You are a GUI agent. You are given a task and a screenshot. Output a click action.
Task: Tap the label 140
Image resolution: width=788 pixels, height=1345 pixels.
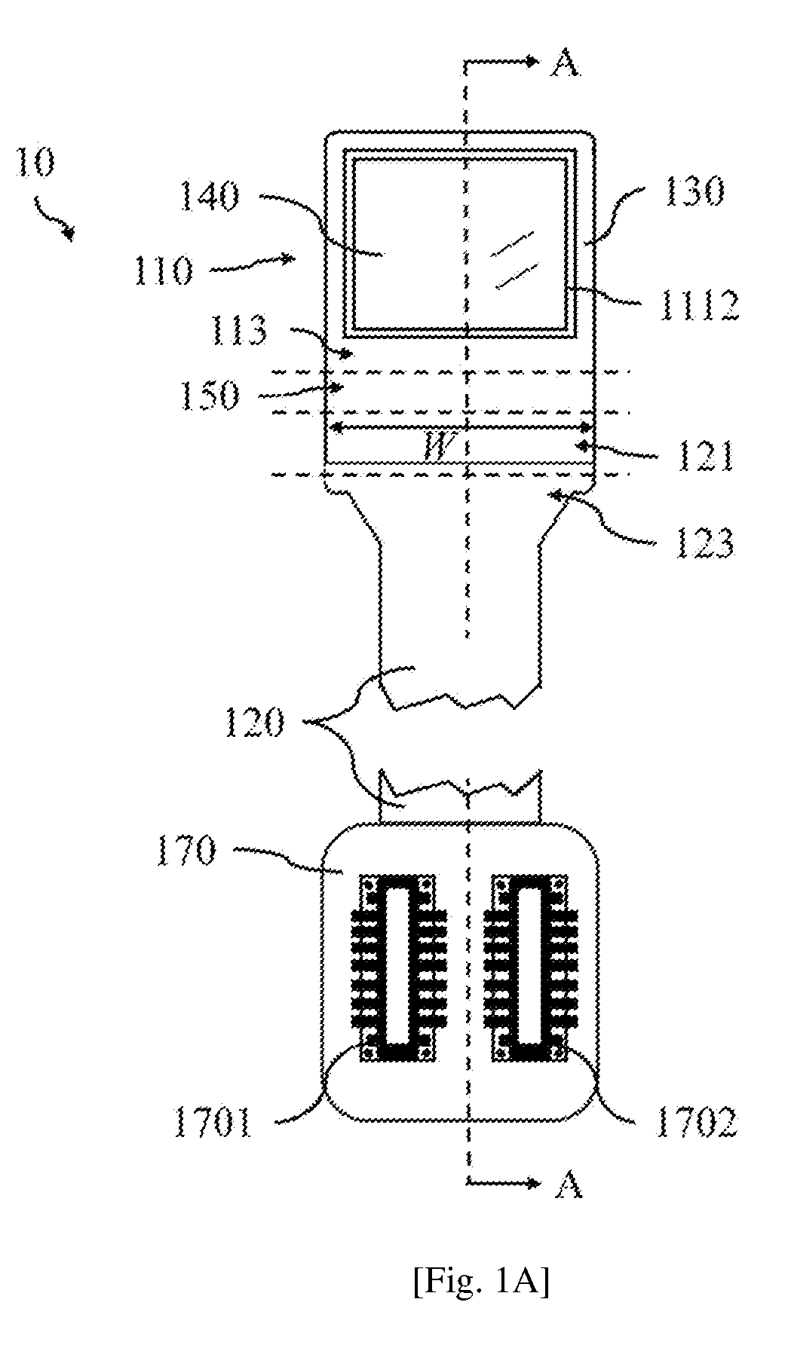point(210,197)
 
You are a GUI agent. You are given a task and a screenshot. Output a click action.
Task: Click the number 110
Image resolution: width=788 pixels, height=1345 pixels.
point(163,271)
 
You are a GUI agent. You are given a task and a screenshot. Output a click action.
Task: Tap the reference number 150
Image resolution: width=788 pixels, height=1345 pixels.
point(210,394)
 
